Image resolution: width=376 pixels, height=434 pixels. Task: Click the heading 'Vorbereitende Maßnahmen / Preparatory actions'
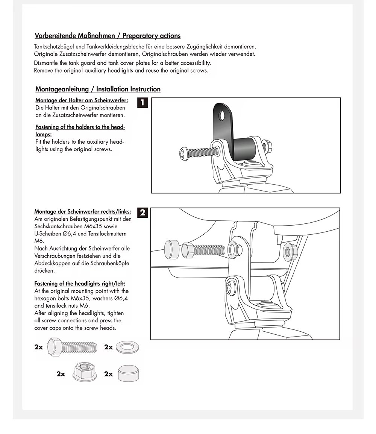click(108, 36)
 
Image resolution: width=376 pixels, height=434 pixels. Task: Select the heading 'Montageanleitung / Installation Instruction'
click(98, 89)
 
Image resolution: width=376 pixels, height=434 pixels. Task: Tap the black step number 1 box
click(143, 102)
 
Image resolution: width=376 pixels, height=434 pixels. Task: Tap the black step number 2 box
click(143, 212)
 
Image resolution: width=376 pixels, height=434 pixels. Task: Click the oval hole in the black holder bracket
click(222, 116)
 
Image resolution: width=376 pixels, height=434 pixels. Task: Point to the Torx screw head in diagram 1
click(183, 153)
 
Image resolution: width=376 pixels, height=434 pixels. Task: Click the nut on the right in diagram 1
click(267, 147)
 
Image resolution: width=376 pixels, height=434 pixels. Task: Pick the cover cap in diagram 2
click(172, 249)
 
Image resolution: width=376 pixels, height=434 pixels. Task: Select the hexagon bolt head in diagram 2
click(188, 250)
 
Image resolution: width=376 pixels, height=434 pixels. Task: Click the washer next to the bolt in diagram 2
click(232, 250)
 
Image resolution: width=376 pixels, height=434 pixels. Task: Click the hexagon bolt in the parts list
click(72, 347)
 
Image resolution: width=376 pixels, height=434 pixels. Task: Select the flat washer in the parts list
click(127, 347)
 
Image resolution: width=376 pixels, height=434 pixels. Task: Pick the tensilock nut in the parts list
click(82, 372)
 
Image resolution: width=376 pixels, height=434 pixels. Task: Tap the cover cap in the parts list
click(128, 373)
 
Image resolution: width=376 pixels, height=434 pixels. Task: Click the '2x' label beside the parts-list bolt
click(39, 347)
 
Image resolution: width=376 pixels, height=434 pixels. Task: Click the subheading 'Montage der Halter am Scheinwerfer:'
click(82, 100)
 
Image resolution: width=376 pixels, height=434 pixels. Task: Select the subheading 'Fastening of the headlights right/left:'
click(80, 284)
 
